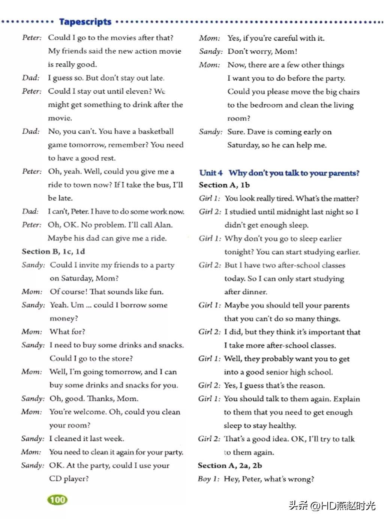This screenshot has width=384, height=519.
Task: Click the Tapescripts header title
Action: [85, 22]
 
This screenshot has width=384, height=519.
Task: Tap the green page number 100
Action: [57, 499]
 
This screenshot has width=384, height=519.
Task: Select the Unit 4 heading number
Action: [211, 173]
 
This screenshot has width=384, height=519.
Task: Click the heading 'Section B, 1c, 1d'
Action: [53, 252]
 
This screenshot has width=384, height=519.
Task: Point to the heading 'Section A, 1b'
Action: [224, 185]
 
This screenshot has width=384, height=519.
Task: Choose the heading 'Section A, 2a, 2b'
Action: [230, 466]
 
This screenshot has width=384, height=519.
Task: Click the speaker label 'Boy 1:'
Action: [208, 479]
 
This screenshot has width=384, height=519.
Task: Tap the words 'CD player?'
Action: [69, 479]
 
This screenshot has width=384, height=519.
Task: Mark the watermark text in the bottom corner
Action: [332, 505]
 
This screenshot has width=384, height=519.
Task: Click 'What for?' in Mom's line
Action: [67, 332]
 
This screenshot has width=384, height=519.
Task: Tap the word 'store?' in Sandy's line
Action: [120, 359]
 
